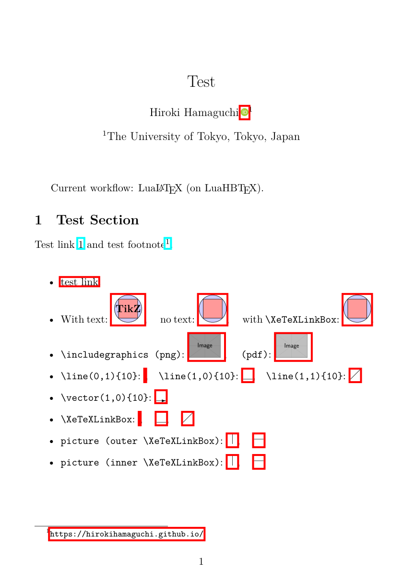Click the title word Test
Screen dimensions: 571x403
201,82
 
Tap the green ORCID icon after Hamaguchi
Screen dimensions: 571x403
245,112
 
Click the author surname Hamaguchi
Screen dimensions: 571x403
211,113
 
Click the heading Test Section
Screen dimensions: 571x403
97,220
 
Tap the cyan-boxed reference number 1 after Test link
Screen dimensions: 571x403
81,245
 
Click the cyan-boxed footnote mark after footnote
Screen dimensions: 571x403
167,243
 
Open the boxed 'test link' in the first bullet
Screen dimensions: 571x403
80,282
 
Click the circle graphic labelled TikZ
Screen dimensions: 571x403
128,309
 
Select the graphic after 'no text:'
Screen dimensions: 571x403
213,309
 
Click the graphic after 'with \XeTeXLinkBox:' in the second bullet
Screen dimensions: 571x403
357,309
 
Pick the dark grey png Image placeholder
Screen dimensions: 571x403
205,346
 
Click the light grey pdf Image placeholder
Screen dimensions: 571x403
292,346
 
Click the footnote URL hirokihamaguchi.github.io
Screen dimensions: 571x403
127,534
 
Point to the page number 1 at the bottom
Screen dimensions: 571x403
201,561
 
